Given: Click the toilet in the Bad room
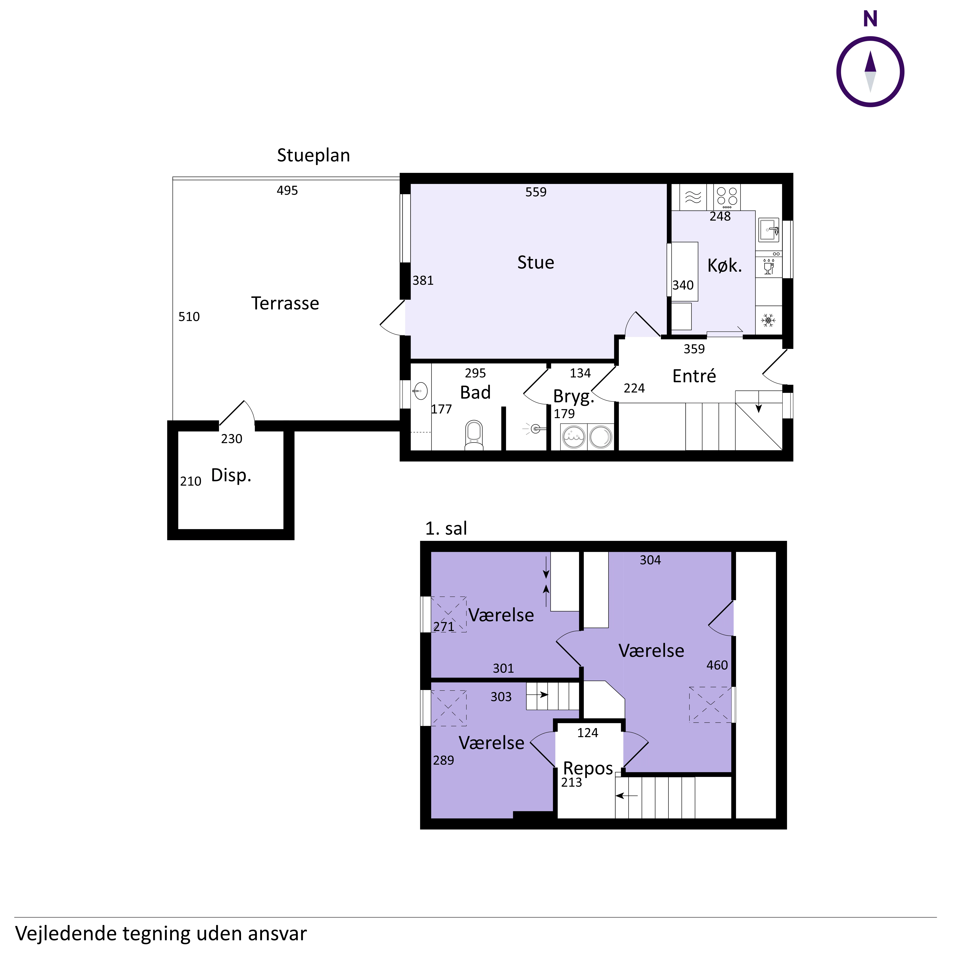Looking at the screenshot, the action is pyautogui.click(x=474, y=435).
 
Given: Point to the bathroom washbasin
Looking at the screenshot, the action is pyautogui.click(x=420, y=391).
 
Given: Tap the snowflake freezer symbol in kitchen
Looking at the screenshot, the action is pyautogui.click(x=768, y=320).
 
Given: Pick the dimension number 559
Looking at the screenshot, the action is pyautogui.click(x=536, y=192).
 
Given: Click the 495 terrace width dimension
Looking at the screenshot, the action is pyautogui.click(x=287, y=190).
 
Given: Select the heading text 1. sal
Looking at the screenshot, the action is pyautogui.click(x=446, y=528).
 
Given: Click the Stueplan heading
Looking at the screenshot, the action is pyautogui.click(x=313, y=155).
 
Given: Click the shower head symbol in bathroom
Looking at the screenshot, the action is pyautogui.click(x=534, y=429).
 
